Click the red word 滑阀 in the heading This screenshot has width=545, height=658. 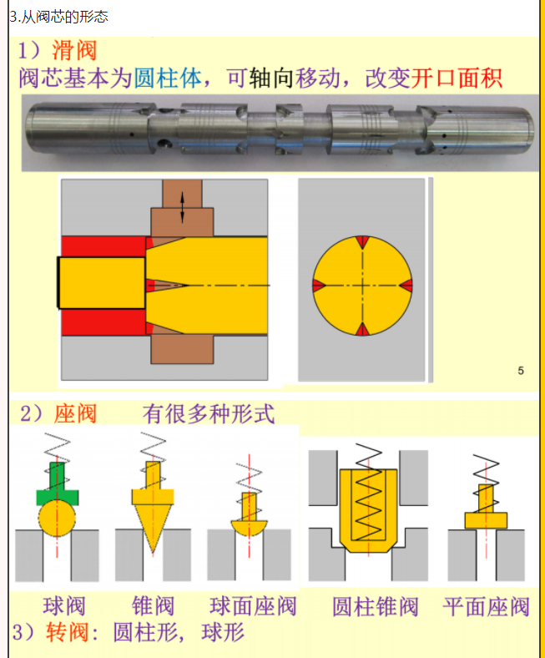coord(74,50)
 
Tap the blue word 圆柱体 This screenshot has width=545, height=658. coord(168,78)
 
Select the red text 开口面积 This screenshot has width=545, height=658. coord(456,78)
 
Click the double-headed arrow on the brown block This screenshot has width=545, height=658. coord(182,207)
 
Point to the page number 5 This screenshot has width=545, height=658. coord(521,371)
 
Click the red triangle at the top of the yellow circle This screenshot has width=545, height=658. coord(362,242)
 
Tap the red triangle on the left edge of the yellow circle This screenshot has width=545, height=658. coord(319,286)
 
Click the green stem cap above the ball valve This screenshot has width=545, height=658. coord(57,487)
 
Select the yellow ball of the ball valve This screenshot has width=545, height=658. coord(57,519)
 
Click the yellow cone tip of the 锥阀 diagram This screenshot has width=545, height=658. coord(153,528)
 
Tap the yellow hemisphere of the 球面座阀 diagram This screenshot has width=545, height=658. coord(250,528)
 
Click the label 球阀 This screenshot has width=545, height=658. coord(64,606)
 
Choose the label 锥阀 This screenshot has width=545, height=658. coord(153,606)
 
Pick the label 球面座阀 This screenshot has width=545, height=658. coord(253,606)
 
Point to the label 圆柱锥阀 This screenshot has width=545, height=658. coord(376,607)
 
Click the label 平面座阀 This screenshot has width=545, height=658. coord(486,607)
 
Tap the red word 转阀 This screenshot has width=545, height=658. coord(67,632)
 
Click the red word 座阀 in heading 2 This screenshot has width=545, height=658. coord(75,414)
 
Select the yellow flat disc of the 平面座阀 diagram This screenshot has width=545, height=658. coord(486,520)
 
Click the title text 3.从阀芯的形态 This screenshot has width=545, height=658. coord(59,17)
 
